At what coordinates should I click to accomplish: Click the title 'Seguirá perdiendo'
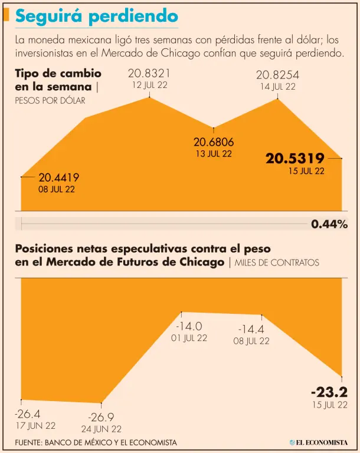click(x=96, y=17)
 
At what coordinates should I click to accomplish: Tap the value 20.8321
click(x=149, y=74)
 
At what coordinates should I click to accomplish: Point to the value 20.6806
click(x=214, y=142)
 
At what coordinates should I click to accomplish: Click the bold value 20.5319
click(x=295, y=158)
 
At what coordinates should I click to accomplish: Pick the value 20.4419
click(x=59, y=177)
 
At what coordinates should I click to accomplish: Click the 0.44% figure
click(x=329, y=224)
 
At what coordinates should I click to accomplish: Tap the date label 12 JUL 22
click(x=149, y=86)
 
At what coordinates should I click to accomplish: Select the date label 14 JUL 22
click(x=277, y=86)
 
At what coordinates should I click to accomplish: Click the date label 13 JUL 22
click(x=214, y=154)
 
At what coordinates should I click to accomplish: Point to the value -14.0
click(x=189, y=326)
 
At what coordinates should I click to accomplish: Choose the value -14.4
click(x=251, y=329)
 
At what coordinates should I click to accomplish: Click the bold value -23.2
click(x=329, y=392)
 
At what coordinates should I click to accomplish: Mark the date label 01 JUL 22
click(x=189, y=338)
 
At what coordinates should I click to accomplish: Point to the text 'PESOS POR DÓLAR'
click(x=50, y=100)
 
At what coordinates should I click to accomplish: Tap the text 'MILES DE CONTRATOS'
click(x=277, y=262)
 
